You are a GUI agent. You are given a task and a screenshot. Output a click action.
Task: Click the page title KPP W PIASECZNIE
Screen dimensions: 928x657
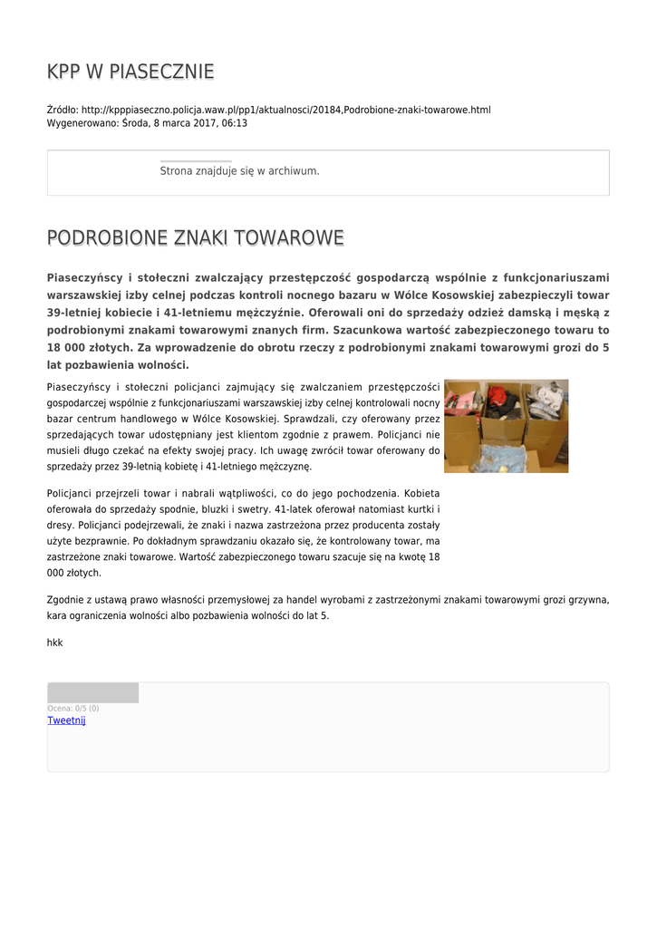(x=130, y=72)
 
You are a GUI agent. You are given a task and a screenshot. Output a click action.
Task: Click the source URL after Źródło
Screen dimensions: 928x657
(x=285, y=110)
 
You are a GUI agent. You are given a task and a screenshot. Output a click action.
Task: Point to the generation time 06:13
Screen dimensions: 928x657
(x=235, y=122)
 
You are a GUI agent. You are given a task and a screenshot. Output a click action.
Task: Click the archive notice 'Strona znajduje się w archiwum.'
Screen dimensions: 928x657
(x=239, y=170)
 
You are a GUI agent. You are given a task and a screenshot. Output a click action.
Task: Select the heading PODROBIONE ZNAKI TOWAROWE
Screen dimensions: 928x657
(x=195, y=238)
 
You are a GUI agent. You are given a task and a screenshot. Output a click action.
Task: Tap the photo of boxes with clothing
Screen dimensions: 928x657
(x=506, y=426)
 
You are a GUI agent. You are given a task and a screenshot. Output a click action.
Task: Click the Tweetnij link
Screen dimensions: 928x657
(x=66, y=720)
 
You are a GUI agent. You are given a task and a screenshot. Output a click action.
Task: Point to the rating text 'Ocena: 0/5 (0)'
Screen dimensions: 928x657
(x=72, y=708)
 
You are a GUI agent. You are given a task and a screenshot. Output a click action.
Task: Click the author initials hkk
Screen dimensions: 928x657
(x=54, y=642)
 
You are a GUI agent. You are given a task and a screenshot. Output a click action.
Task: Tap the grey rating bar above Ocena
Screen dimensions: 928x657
(x=92, y=693)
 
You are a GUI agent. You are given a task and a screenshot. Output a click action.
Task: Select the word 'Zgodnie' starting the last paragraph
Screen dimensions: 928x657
(x=64, y=600)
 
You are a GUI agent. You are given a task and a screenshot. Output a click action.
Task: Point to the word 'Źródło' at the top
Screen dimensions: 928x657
(x=62, y=110)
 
